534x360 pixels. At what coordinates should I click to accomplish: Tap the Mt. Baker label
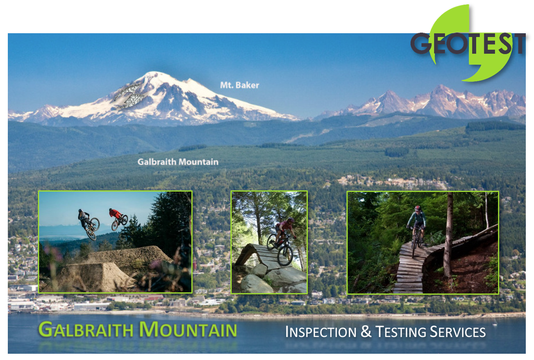(239, 85)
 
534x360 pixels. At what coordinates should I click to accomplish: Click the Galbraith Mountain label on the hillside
(178, 162)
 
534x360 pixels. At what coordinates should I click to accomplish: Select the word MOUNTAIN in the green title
(188, 329)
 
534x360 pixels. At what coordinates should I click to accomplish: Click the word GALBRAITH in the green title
(86, 329)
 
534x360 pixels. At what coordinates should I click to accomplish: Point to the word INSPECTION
(321, 332)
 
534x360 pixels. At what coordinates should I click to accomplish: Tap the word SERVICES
(458, 332)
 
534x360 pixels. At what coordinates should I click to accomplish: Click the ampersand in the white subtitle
(366, 331)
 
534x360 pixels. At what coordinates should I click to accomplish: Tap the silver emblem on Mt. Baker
(129, 96)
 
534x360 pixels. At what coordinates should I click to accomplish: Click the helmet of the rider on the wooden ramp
(291, 220)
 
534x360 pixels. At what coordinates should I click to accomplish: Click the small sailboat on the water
(495, 322)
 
